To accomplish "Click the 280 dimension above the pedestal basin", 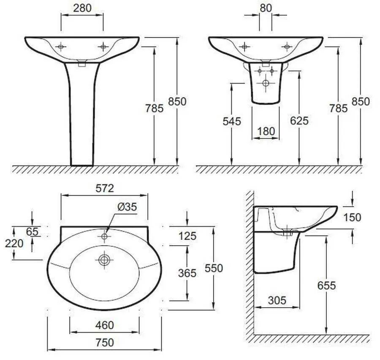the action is click(82, 8).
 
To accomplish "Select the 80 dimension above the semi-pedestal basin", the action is click(266, 8).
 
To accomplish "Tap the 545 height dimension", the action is click(232, 122).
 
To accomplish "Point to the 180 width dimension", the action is click(266, 131).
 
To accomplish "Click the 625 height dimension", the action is click(299, 121).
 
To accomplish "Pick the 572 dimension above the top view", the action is click(105, 188).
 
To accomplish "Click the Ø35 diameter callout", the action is click(127, 207).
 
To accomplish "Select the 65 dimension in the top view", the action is click(32, 231).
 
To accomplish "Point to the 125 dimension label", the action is click(187, 236).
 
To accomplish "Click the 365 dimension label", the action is click(187, 273).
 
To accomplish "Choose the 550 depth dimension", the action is click(214, 268).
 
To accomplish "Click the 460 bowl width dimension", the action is click(105, 325).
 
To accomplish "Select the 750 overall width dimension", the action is click(105, 342).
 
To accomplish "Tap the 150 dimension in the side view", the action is click(353, 217).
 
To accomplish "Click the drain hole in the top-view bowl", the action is click(104, 260).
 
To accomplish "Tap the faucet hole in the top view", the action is click(104, 236).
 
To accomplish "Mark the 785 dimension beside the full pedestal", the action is click(154, 108).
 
